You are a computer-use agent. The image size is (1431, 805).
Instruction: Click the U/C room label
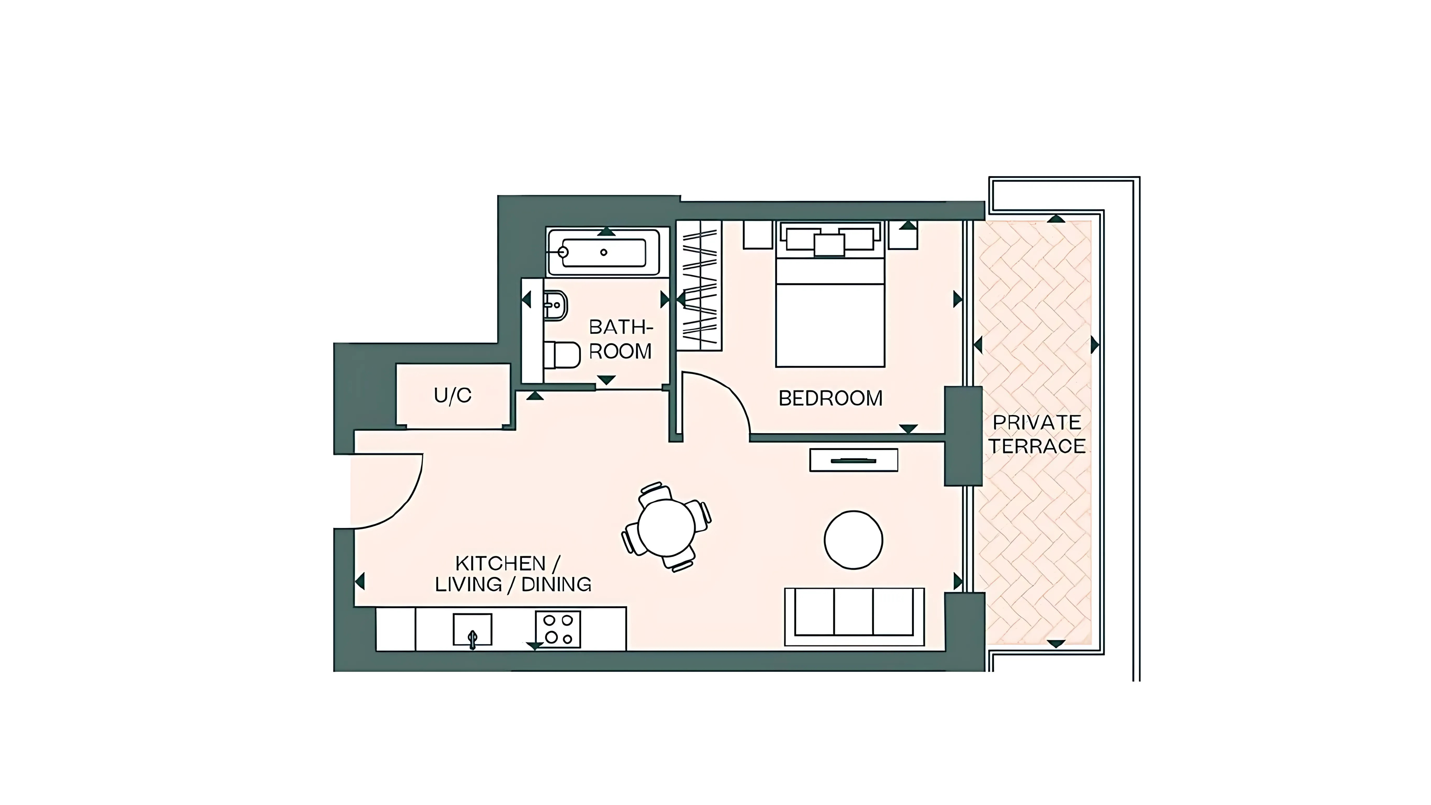pos(453,396)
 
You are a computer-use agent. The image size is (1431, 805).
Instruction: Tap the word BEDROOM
pos(831,398)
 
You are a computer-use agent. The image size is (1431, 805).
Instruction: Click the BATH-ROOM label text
pos(620,339)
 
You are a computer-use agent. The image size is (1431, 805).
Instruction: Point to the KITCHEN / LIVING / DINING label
pos(513,574)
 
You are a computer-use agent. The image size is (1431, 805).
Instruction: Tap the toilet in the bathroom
pos(561,354)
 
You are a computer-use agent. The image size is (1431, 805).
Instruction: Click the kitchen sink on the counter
pos(472,629)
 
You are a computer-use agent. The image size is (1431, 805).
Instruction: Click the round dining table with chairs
pos(666,527)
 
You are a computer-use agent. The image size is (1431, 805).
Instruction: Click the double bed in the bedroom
pos(830,295)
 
